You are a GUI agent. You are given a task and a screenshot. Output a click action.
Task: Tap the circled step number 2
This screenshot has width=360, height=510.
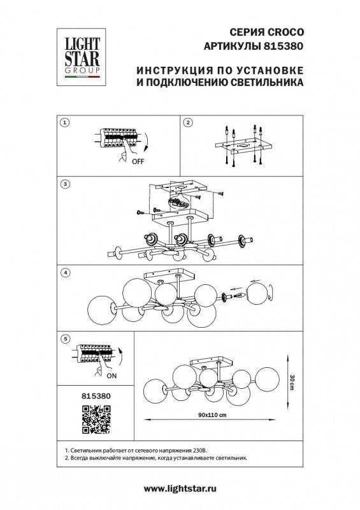pyautogui.click(x=188, y=122)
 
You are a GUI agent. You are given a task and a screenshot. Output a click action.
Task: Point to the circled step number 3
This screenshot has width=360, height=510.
pyautogui.click(x=64, y=184)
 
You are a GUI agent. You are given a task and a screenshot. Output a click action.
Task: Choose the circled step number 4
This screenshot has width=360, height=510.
pyautogui.click(x=64, y=272)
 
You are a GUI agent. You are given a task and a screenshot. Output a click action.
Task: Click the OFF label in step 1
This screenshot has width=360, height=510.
pyautogui.click(x=138, y=162)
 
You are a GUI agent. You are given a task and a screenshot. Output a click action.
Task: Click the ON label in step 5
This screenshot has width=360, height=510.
pyautogui.click(x=112, y=376)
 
